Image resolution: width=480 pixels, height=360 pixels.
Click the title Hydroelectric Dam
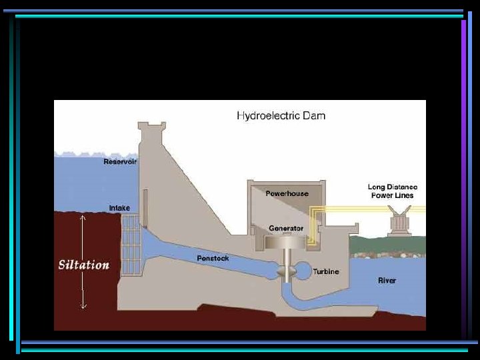[281, 115]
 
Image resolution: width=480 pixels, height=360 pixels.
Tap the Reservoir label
[120, 161]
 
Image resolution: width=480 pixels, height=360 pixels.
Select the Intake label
[119, 208]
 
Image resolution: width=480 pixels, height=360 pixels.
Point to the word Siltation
[84, 265]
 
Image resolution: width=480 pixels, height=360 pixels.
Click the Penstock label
[213, 258]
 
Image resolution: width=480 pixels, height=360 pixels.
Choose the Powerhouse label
[287, 193]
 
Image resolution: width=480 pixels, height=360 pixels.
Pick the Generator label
[286, 228]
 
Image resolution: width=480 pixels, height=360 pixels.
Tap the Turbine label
[326, 271]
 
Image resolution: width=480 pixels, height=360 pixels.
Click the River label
[387, 281]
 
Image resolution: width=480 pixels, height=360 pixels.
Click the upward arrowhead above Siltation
[83, 217]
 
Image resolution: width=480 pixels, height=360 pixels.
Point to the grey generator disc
[286, 242]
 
